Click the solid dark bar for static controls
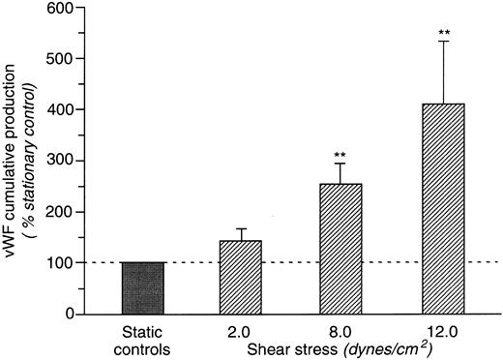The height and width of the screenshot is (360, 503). [x=143, y=288]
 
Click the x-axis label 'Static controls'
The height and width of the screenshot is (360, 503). [x=143, y=339]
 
